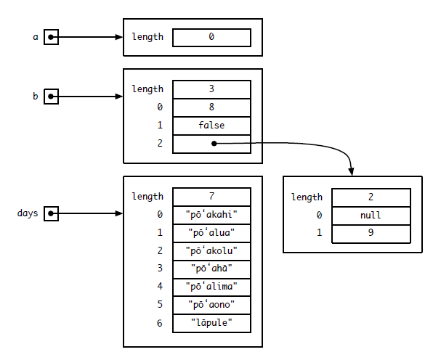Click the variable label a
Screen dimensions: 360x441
tap(35, 36)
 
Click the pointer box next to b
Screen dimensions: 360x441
tap(50, 96)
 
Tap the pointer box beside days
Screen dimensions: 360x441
tap(50, 213)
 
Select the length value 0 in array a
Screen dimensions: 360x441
tap(211, 37)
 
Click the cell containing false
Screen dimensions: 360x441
tap(211, 126)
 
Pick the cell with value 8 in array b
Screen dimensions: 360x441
tap(211, 107)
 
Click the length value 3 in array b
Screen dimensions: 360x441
tap(211, 89)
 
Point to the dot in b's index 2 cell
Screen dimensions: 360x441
tap(214, 144)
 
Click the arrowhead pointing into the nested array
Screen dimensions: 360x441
tap(352, 171)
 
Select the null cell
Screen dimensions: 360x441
tap(371, 216)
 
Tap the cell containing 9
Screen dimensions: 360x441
tap(371, 234)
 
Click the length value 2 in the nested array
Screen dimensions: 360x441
tap(371, 197)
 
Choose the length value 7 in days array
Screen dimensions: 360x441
tap(211, 197)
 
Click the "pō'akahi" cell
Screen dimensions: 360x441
tap(211, 215)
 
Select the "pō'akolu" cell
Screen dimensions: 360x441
tap(211, 250)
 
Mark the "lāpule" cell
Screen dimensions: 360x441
tap(211, 323)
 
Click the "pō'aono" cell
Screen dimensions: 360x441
tap(211, 305)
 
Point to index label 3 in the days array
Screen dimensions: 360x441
tap(160, 269)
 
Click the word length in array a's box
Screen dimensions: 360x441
tap(147, 37)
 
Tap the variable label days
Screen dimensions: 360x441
tap(28, 213)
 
